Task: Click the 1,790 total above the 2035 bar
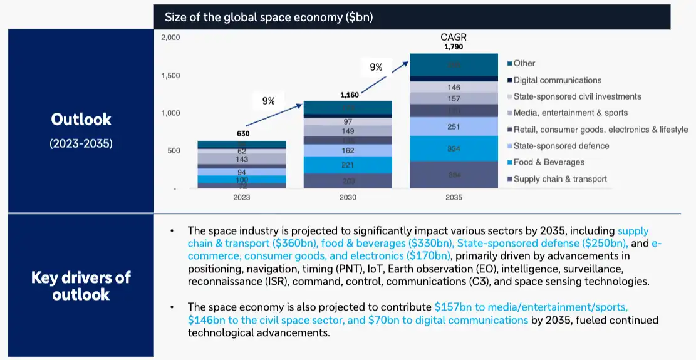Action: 454,47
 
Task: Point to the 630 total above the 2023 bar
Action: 241,134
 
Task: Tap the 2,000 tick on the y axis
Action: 170,38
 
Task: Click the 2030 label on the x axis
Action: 348,197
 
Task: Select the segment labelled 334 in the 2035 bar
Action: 454,149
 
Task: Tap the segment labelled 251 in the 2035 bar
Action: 454,126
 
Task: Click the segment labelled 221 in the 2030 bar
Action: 348,165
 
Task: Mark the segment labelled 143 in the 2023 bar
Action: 241,159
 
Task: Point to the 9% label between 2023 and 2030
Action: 268,101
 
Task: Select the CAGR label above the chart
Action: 454,38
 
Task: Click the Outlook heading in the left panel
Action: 81,120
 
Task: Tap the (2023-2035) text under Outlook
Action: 81,143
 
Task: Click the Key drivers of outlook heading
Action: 81,285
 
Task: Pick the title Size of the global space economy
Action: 269,18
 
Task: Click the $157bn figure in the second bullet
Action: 453,307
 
